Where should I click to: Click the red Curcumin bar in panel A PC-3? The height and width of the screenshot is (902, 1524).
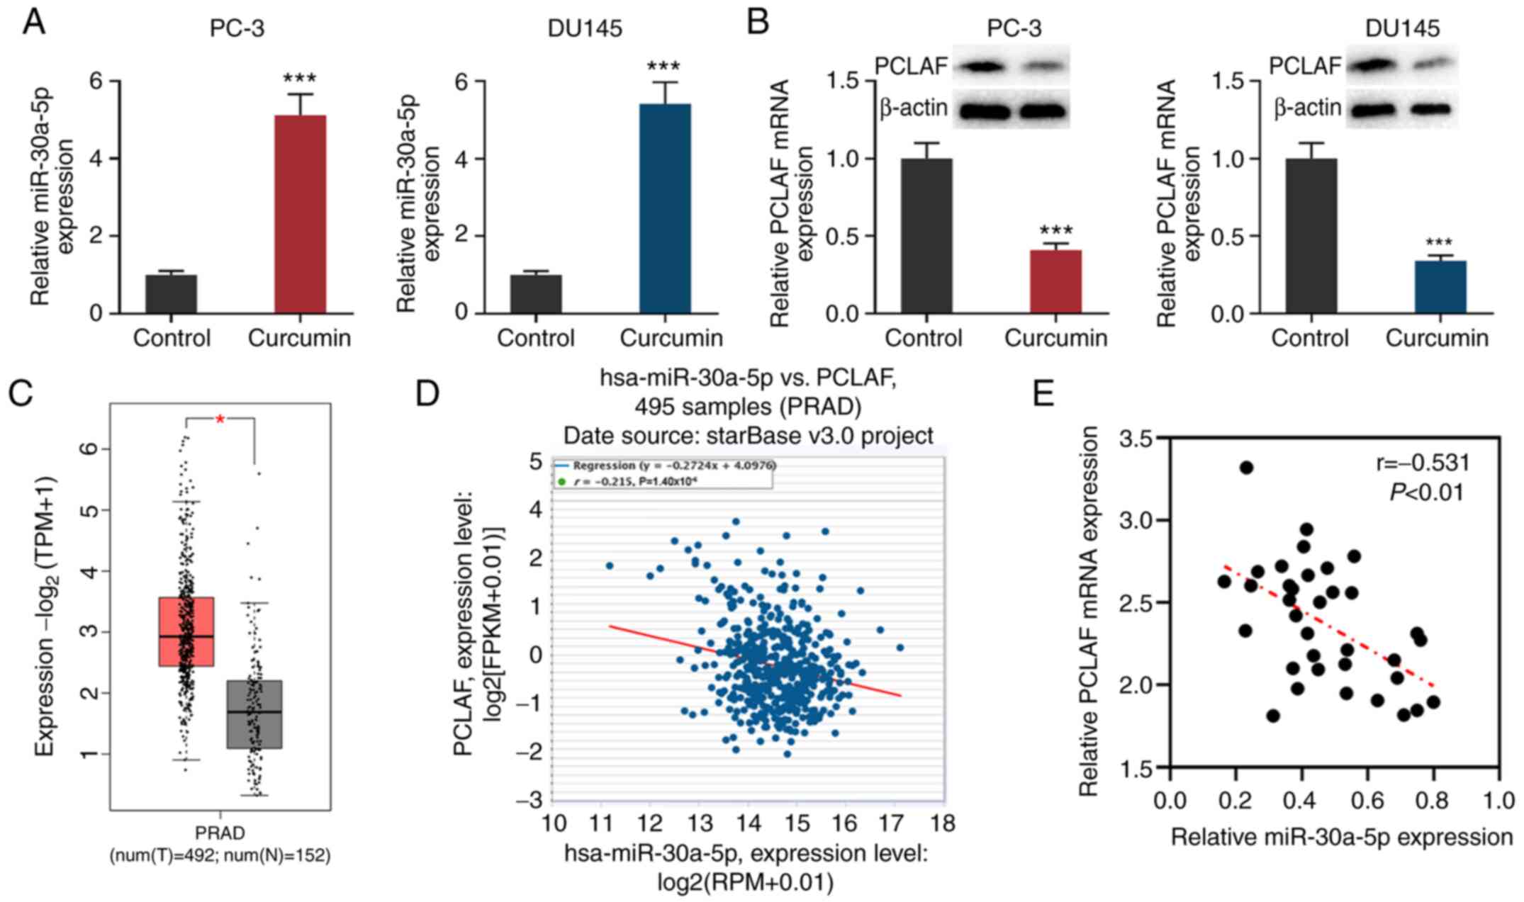(300, 214)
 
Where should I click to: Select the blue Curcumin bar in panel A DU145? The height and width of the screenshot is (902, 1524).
(664, 208)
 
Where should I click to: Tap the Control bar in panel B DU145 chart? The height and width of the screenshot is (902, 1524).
(1311, 235)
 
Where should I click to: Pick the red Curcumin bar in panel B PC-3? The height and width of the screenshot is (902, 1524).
(1055, 281)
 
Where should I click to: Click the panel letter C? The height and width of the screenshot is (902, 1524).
(21, 393)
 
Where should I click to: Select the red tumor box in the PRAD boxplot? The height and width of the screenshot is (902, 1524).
(186, 631)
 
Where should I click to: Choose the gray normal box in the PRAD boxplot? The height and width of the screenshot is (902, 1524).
(254, 714)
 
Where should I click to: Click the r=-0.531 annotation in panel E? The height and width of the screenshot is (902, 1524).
(1422, 463)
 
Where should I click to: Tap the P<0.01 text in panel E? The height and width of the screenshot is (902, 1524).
(1426, 492)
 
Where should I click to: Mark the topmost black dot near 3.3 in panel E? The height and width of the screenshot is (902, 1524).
(1246, 468)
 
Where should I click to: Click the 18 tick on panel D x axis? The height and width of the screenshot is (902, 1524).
(942, 823)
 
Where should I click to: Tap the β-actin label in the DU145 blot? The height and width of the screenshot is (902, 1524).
(1306, 108)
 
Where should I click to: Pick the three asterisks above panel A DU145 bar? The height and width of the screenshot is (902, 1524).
(663, 67)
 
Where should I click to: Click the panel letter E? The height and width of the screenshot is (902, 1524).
(1043, 393)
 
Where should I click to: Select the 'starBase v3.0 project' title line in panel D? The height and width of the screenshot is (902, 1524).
(748, 435)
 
